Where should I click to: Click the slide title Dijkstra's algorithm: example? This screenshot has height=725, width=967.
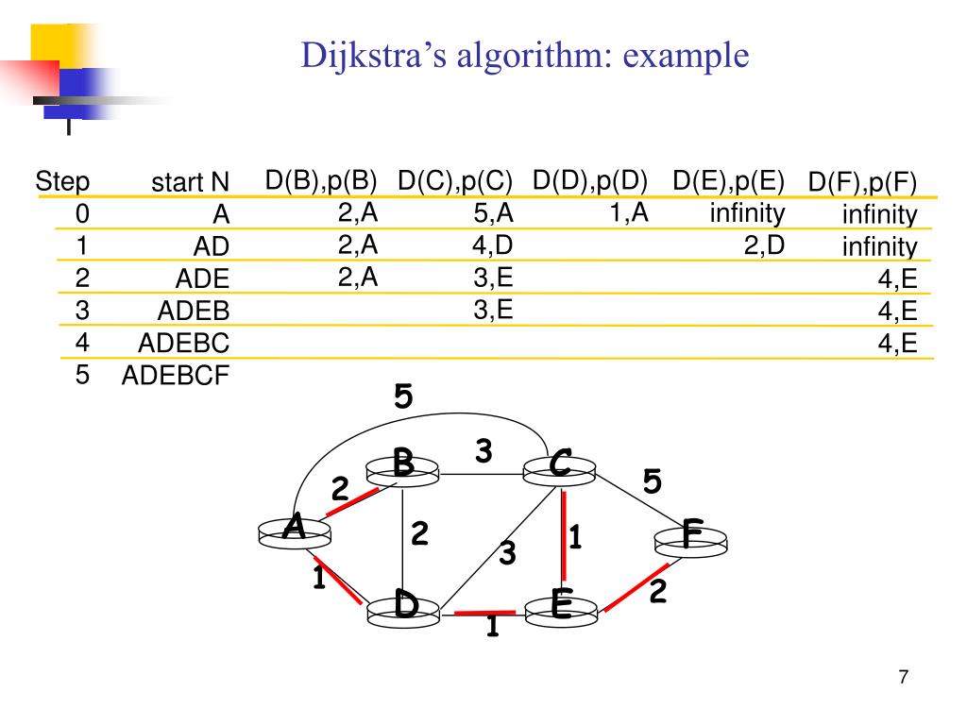click(525, 56)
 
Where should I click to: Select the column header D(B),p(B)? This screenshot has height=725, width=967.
click(321, 180)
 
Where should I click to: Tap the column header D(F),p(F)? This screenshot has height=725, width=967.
click(862, 183)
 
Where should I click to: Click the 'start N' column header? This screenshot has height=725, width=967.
click(191, 182)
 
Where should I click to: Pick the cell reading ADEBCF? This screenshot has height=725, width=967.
click(176, 376)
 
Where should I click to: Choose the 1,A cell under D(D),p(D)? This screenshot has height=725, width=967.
click(628, 213)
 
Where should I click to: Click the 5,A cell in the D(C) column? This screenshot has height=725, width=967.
click(494, 214)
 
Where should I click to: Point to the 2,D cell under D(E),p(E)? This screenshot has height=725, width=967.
click(764, 246)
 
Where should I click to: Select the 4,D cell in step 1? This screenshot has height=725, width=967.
click(493, 246)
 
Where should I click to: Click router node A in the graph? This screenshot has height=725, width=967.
click(295, 531)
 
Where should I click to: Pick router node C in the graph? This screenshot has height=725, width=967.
click(561, 465)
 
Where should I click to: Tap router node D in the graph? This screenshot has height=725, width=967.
click(405, 606)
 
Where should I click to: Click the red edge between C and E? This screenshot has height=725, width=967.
click(564, 536)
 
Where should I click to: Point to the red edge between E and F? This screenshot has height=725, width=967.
click(636, 587)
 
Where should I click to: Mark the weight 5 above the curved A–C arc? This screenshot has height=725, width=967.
click(403, 397)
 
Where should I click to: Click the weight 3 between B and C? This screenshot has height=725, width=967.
click(483, 452)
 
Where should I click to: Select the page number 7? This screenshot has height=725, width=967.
click(904, 677)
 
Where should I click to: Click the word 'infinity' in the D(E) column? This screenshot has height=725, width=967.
click(747, 213)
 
